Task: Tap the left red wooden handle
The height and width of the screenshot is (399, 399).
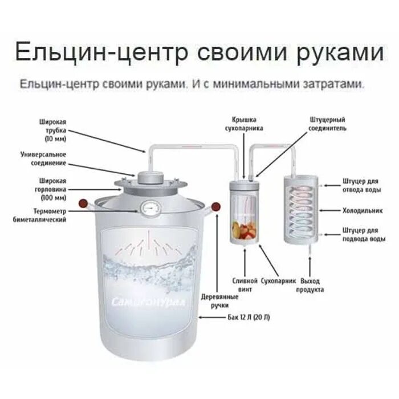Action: (83, 202)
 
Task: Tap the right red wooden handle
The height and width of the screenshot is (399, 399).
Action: (216, 206)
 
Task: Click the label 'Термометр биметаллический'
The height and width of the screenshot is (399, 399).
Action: (47, 215)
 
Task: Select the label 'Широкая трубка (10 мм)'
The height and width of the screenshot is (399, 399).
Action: (53, 131)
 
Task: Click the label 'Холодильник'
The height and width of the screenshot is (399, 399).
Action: (362, 210)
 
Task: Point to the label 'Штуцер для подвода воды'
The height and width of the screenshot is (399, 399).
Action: (361, 234)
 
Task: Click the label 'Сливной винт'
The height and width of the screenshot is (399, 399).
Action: (242, 285)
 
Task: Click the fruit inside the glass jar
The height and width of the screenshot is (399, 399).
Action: (244, 230)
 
